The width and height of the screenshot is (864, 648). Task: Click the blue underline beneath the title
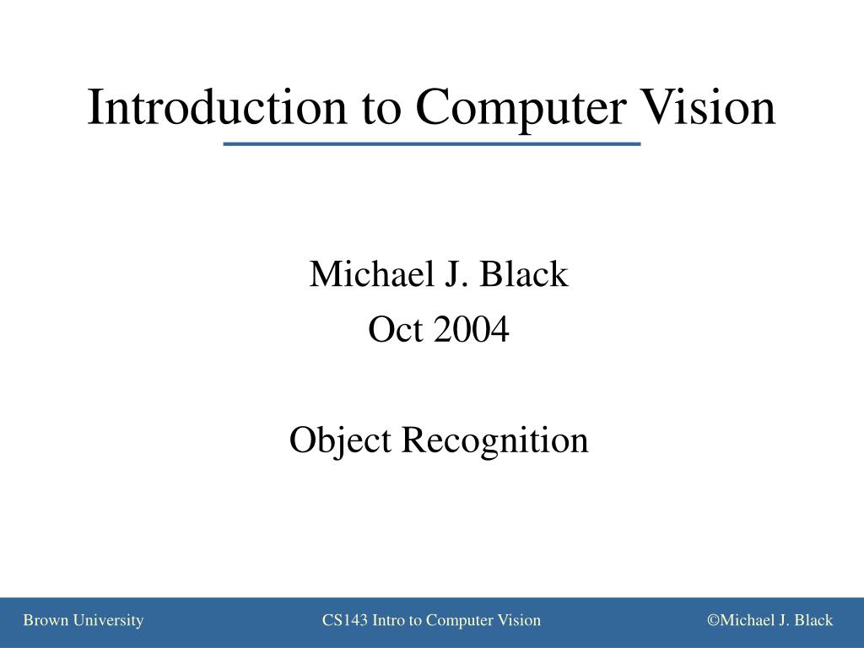click(x=432, y=145)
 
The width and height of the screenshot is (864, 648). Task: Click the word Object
click(x=340, y=440)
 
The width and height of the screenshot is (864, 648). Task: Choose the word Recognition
click(x=494, y=440)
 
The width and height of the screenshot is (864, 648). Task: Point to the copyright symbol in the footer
click(x=713, y=621)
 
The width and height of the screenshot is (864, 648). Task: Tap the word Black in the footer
click(x=813, y=621)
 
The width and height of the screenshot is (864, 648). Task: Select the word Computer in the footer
click(x=460, y=621)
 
